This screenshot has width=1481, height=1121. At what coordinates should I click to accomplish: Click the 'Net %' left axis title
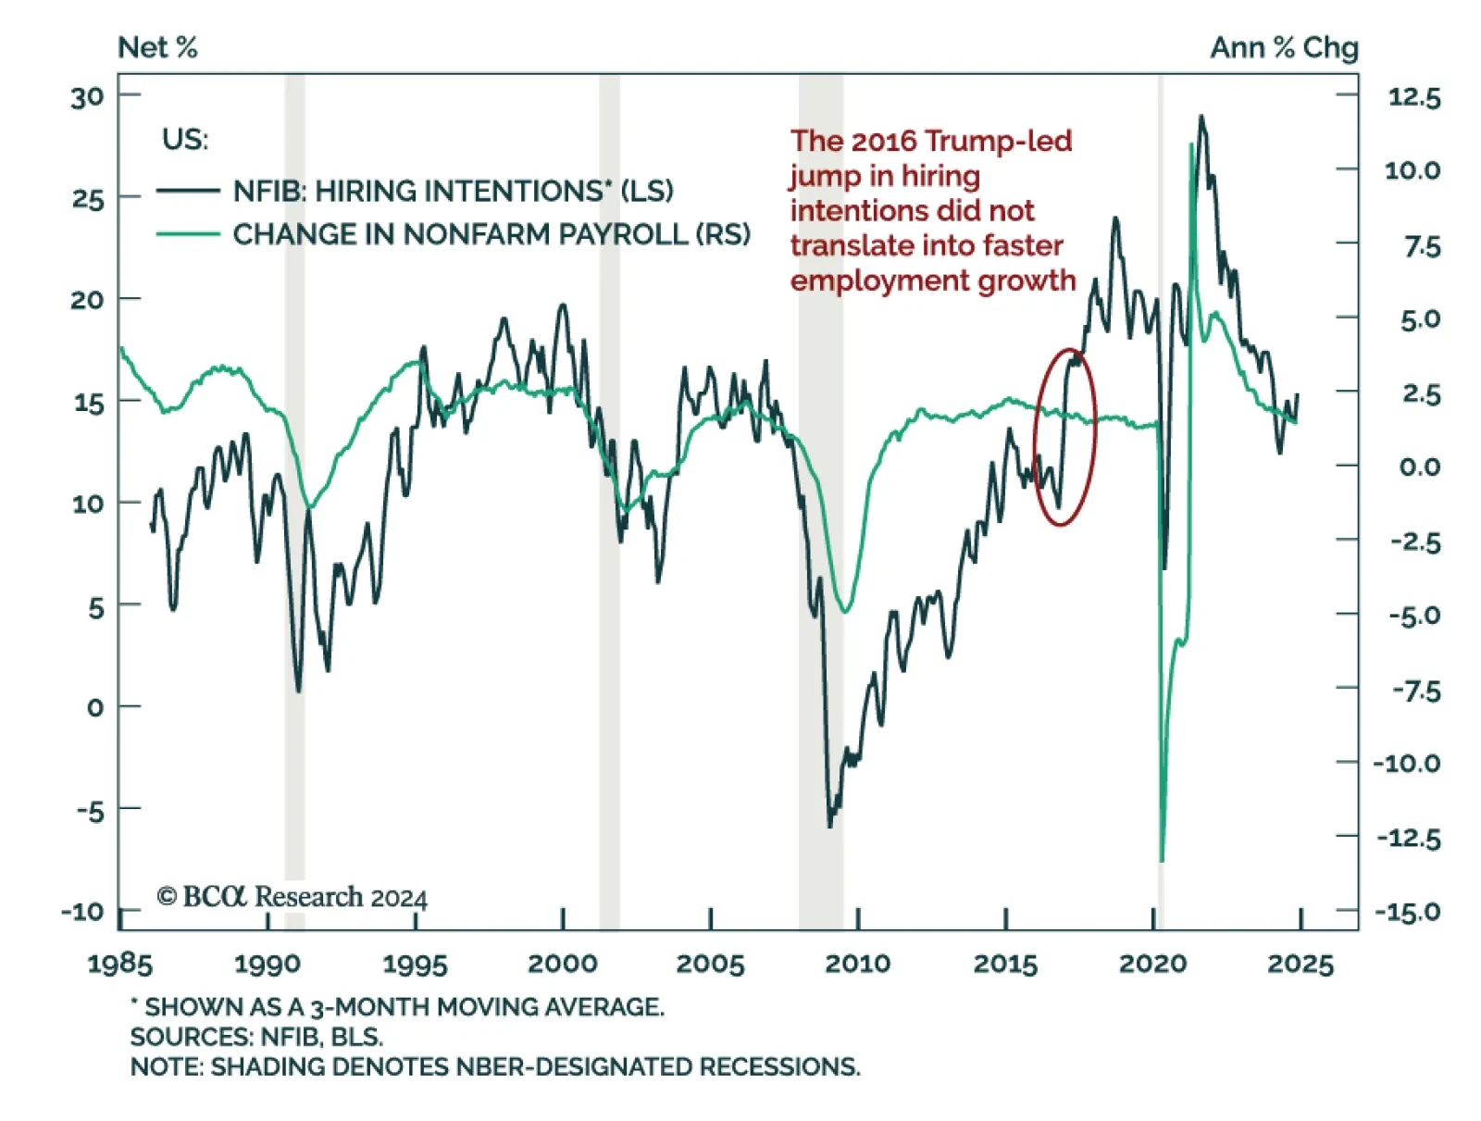157,47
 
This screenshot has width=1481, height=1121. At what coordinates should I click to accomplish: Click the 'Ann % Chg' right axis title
1283,47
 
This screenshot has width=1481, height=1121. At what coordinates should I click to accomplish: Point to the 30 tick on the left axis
88,96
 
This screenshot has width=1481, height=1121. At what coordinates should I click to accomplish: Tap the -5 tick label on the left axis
90,811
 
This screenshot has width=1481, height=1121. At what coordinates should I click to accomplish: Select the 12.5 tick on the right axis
1413,96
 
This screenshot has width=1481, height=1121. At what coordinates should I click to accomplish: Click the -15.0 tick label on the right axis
1408,912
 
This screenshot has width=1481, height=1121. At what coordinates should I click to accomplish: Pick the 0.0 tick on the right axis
1419,467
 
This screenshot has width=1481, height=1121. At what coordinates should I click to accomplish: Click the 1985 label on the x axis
119,964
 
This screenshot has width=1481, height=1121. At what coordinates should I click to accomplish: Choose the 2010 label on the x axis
857,964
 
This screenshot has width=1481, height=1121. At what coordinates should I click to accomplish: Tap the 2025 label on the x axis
1300,964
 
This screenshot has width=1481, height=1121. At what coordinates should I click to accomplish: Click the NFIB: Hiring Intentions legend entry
453,191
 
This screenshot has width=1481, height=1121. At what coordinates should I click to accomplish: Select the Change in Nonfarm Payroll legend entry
491,234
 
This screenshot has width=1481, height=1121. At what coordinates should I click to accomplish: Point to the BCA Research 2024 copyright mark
292,896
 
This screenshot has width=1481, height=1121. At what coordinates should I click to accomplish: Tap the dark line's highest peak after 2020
1201,117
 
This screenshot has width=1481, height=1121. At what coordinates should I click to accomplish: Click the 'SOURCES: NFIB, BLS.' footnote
256,1036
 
